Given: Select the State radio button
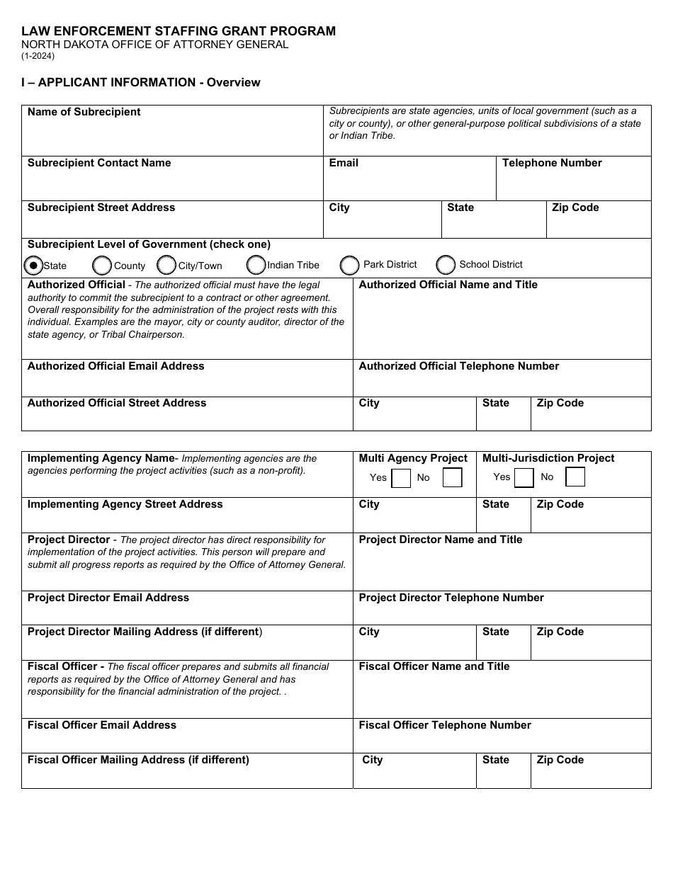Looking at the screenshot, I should pos(33,266).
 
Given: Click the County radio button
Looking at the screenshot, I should pos(102,266).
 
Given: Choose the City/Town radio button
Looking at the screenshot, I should pos(166,266).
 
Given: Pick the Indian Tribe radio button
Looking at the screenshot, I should pos(256,266).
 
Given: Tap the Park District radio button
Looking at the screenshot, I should pos(349,266).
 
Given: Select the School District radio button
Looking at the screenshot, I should pos(446,266).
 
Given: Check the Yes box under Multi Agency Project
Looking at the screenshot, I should pos(401,479).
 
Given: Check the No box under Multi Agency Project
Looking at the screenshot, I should pos(452,478).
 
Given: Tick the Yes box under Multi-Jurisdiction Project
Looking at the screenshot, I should pos(524,479).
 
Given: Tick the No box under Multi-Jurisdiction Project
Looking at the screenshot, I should pos(575,477).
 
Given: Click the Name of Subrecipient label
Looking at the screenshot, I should pos(84,112).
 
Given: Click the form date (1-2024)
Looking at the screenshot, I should pos(38,56).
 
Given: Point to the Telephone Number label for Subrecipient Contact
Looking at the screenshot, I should pos(551,163).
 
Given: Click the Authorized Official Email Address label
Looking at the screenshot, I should pos(115,366).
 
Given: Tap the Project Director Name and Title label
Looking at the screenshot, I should pos(440,540).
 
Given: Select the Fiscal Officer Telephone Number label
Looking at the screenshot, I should pos(444,725).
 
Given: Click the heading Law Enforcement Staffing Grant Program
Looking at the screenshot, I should pos(179,31).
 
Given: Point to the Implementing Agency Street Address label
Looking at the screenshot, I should pos(125,504).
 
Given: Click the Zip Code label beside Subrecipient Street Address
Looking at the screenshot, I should pos(575,207).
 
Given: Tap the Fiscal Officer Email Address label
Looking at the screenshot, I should pos(101,725).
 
